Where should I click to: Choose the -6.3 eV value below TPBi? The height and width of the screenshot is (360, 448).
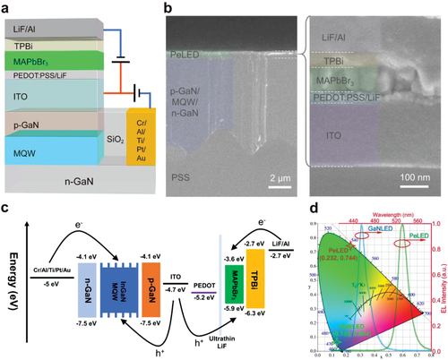[x=256, y=316]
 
